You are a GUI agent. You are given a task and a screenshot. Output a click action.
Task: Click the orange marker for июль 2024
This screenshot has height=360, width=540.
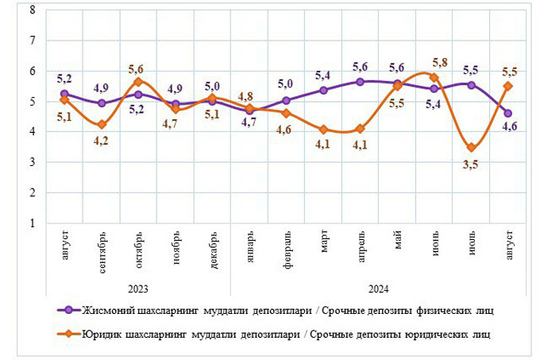pos(472,147)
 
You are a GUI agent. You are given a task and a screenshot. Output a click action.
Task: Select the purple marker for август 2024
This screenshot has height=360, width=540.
pos(508,113)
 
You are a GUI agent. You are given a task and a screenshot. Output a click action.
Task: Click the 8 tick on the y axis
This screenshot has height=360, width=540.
pos(31,10)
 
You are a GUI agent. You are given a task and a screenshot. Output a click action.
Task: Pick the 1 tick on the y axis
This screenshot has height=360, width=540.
pos(31,223)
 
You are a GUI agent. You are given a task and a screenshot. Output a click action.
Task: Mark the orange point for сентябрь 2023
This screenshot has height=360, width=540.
pos(102,125)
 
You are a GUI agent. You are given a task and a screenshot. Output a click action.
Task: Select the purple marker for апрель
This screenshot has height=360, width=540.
pos(361,81)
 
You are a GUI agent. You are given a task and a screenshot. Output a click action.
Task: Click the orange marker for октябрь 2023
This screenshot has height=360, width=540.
pos(138,82)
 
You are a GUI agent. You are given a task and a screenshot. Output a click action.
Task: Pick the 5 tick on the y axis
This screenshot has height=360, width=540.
pos(31,102)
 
